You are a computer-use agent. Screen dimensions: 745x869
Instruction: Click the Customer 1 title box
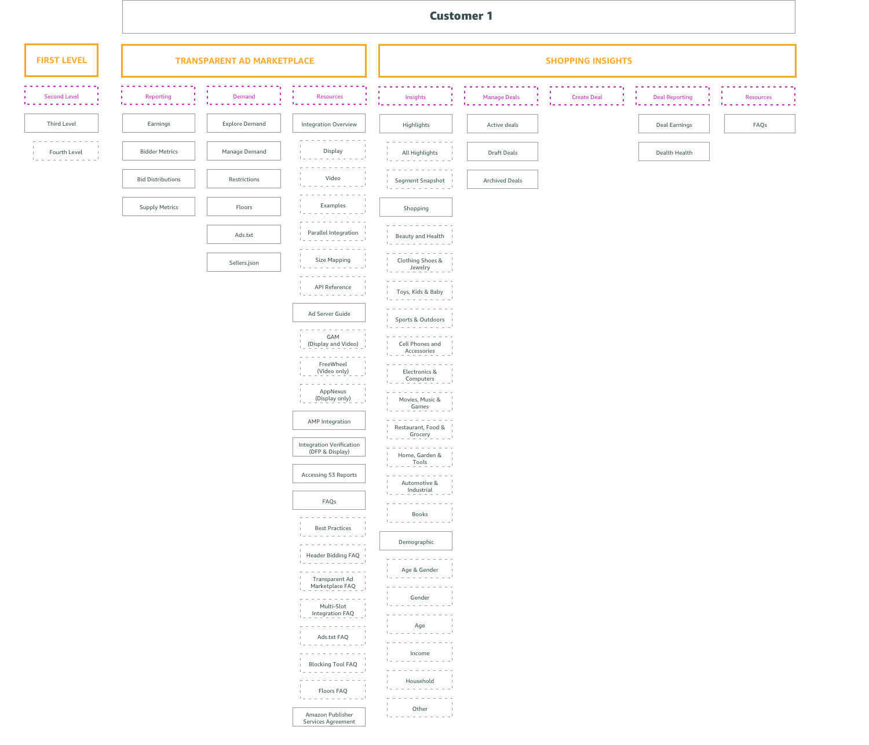click(x=458, y=16)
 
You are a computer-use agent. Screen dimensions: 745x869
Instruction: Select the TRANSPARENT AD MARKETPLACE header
click(x=244, y=61)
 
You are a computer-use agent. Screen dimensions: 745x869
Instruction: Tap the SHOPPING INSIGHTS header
click(x=587, y=61)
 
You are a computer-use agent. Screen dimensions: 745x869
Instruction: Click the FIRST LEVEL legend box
click(x=61, y=60)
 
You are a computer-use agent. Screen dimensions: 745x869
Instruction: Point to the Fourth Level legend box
click(x=65, y=151)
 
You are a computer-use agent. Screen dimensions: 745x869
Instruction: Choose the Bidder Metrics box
click(x=159, y=151)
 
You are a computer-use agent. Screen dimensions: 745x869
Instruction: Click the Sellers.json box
click(x=244, y=262)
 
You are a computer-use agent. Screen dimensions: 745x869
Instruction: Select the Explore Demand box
click(x=244, y=123)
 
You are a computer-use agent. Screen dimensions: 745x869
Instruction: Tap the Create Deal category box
click(x=587, y=96)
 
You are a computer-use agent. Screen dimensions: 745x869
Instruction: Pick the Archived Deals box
click(x=502, y=180)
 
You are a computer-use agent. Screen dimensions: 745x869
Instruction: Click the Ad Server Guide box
click(x=329, y=313)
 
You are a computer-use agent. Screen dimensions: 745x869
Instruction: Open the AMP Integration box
click(x=329, y=421)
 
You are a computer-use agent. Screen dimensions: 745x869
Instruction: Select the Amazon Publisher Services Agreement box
click(x=329, y=717)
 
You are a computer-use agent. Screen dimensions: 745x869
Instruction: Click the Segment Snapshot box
click(x=419, y=180)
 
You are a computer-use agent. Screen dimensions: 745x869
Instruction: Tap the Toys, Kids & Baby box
click(x=419, y=291)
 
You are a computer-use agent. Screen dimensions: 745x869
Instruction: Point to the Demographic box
click(x=416, y=541)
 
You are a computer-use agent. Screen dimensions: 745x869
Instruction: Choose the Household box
click(x=419, y=680)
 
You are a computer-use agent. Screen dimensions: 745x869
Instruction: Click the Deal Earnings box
click(x=674, y=124)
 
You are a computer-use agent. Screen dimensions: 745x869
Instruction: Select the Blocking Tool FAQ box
click(x=333, y=663)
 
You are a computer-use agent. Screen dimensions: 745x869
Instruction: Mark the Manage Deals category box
click(x=501, y=96)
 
